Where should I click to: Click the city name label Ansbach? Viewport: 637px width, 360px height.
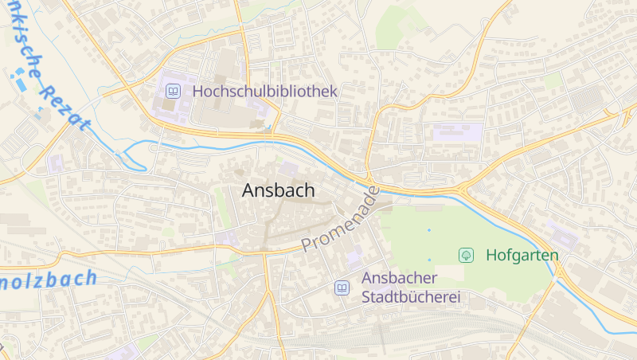278,191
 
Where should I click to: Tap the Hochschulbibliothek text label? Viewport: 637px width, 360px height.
265,92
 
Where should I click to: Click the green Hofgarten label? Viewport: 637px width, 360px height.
522,256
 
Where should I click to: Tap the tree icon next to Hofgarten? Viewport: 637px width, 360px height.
466,256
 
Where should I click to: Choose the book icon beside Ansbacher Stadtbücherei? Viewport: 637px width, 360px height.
342,288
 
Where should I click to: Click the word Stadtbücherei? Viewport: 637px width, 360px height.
412,298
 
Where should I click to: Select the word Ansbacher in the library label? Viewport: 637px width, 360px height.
400,278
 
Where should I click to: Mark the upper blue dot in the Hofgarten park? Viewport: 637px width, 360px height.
428,230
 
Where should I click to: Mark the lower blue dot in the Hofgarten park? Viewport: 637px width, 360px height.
428,260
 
